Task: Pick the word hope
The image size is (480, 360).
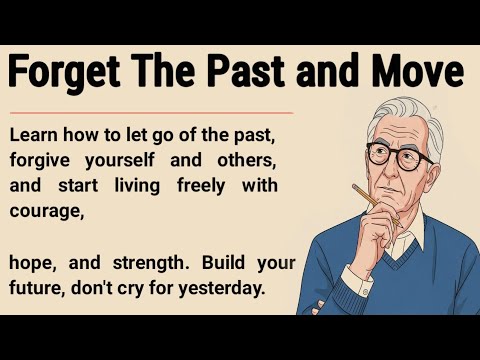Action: tap(33, 263)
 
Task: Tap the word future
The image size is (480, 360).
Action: tap(37, 289)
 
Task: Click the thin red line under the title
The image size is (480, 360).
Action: tap(150, 113)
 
